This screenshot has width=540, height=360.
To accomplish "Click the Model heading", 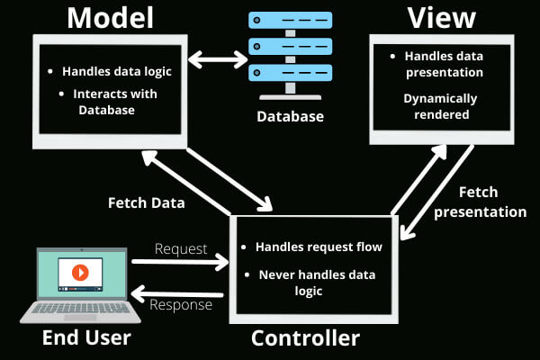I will click(x=110, y=18).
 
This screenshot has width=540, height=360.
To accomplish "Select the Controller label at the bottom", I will click(x=305, y=338).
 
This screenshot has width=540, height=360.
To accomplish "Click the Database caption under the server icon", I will click(x=289, y=116).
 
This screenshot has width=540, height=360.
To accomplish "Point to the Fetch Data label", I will click(x=146, y=202).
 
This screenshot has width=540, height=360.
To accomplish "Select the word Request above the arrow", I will click(x=181, y=247).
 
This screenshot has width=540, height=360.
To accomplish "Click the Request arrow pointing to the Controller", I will click(x=180, y=263).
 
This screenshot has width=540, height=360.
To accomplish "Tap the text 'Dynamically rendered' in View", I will click(x=440, y=106).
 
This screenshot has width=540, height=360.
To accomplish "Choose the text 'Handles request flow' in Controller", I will click(x=319, y=246).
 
